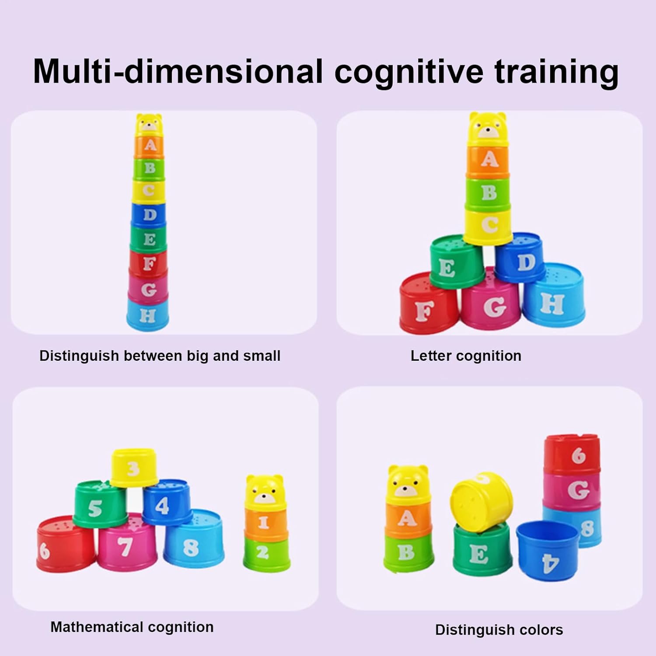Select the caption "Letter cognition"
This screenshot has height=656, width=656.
466,356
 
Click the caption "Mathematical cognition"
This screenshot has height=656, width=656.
132,627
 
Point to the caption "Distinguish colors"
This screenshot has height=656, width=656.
499,630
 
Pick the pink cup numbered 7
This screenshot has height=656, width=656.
127,542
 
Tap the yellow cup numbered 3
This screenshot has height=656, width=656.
133,468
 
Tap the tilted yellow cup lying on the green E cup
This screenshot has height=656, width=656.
481,501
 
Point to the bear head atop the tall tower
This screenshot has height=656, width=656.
149,124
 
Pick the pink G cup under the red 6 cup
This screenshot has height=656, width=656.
572,490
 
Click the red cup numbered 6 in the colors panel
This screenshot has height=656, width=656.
572,455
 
